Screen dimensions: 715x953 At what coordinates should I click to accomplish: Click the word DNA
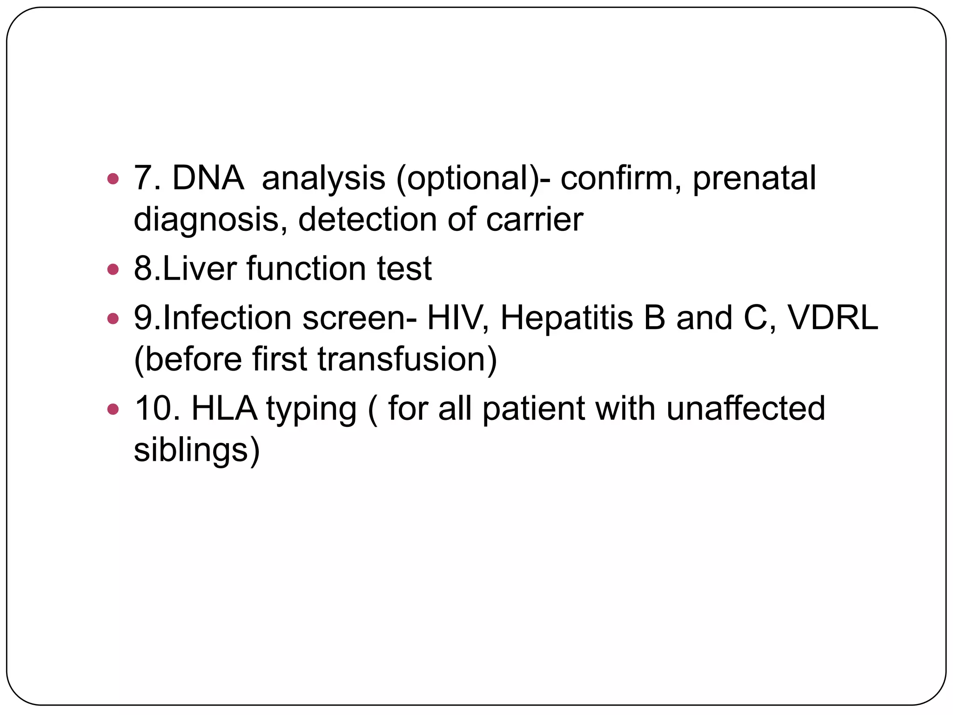click(x=208, y=178)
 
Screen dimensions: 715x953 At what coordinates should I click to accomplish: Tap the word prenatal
click(x=754, y=179)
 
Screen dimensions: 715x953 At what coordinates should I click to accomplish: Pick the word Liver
click(x=200, y=269)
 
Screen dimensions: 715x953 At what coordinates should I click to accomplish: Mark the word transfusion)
click(x=407, y=360)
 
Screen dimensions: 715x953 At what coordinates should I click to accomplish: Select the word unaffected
click(x=745, y=409)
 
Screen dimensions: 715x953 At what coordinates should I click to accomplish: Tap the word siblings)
click(x=196, y=451)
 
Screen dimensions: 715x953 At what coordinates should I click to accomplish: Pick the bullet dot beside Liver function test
click(x=113, y=269)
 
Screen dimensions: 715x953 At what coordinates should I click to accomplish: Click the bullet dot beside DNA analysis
click(x=113, y=178)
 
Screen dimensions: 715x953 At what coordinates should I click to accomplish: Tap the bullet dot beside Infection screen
click(x=113, y=319)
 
